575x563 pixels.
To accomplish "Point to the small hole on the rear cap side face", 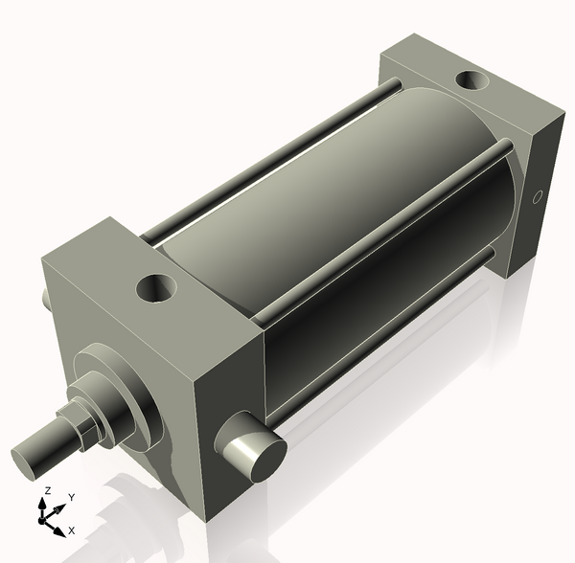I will pyautogui.click(x=538, y=198).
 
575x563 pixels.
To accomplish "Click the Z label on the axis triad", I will pyautogui.click(x=46, y=491).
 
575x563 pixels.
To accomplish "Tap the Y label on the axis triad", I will pyautogui.click(x=71, y=498).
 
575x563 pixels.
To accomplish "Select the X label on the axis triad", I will pyautogui.click(x=71, y=529).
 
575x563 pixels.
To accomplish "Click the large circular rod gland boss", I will pyautogui.click(x=115, y=393).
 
